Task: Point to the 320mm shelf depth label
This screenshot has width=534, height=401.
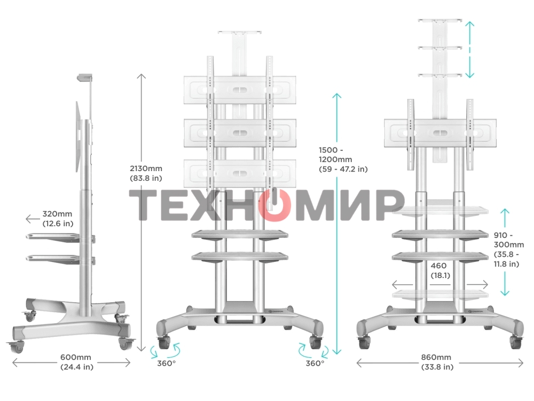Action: (58, 219)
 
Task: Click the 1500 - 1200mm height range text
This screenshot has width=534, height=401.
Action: (342, 159)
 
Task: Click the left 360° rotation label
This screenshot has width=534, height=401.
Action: (166, 364)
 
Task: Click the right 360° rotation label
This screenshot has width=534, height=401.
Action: (315, 364)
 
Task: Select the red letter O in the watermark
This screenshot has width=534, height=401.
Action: (273, 205)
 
